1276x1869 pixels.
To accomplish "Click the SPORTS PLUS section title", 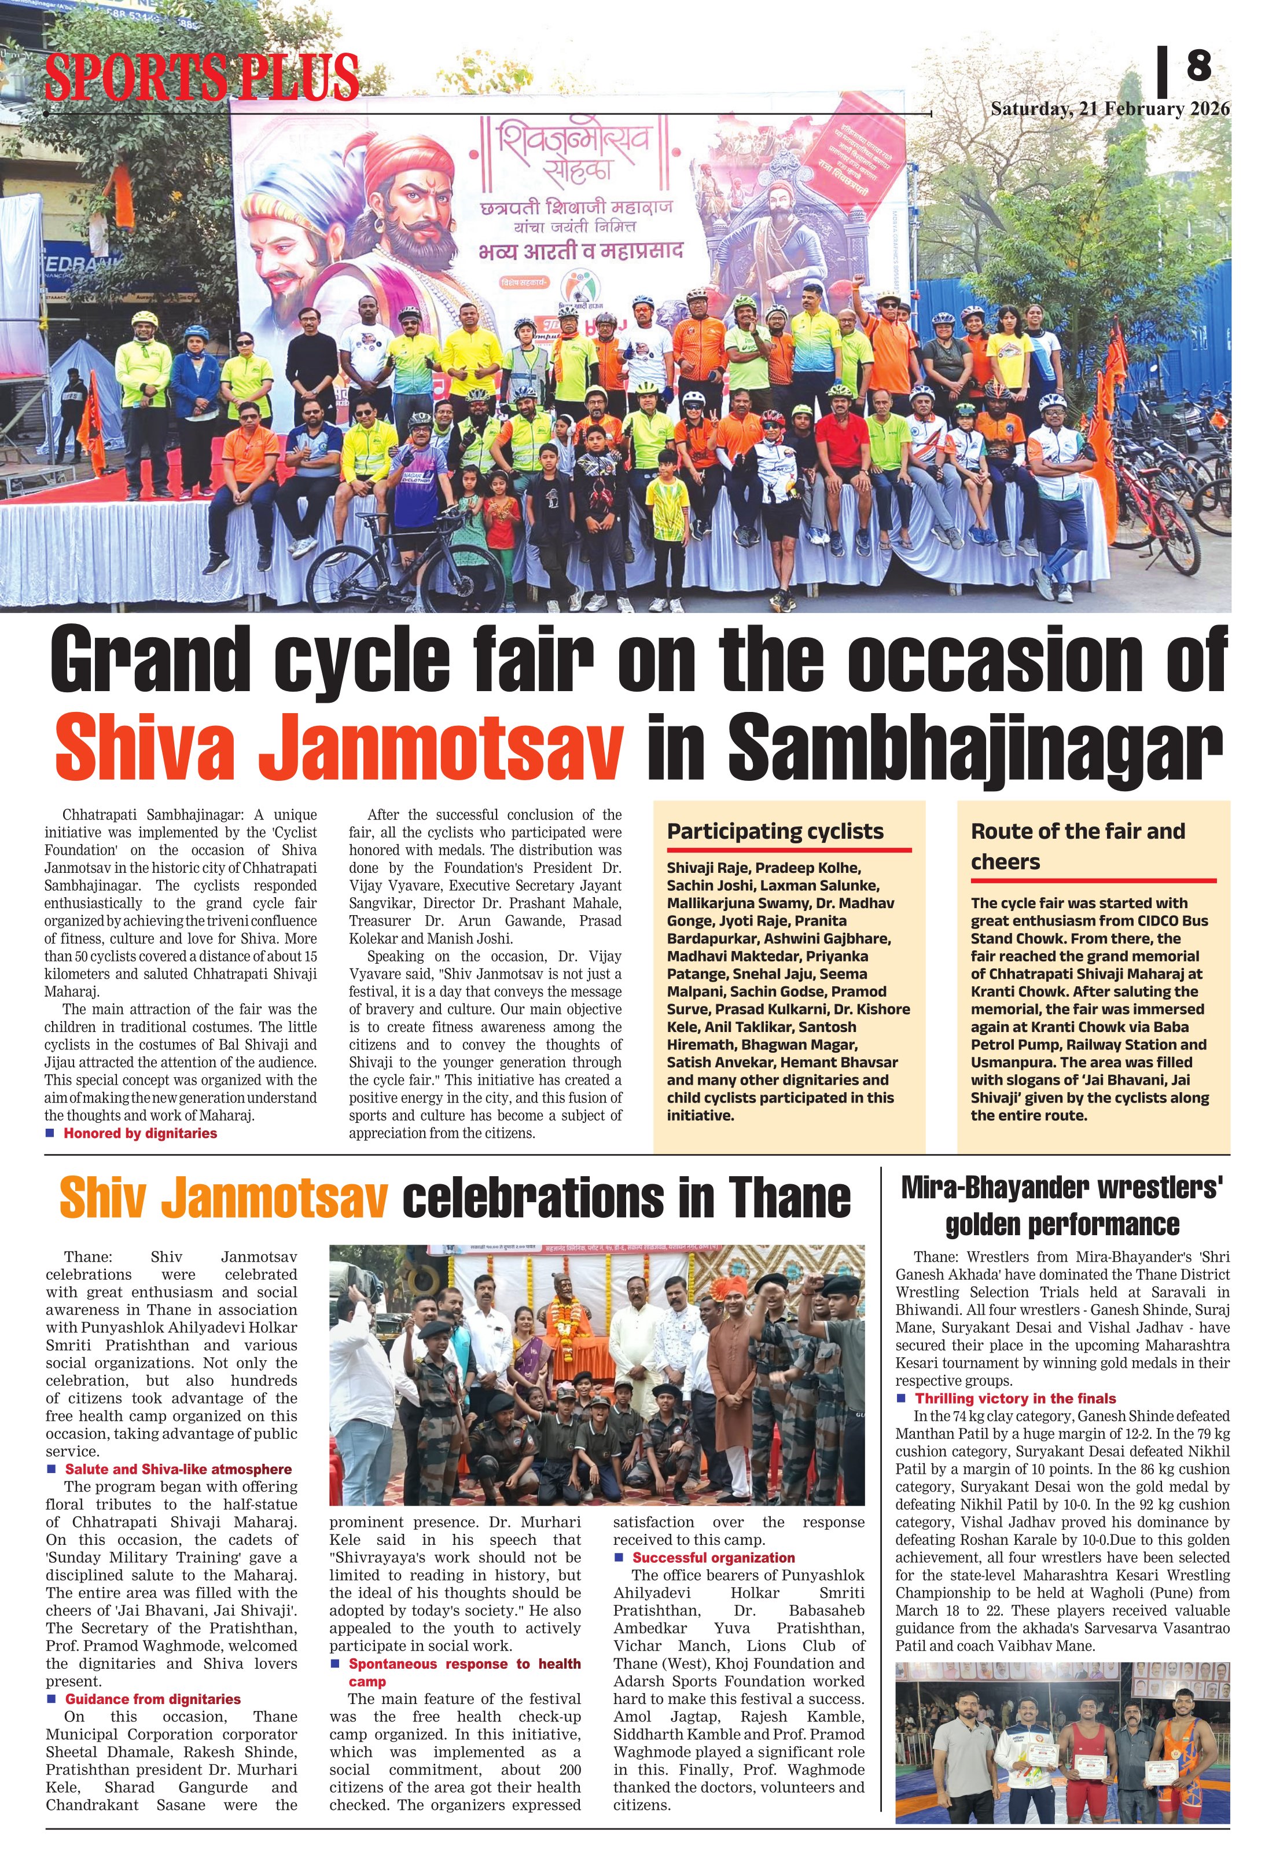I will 201,76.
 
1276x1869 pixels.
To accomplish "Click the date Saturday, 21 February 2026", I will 1109,109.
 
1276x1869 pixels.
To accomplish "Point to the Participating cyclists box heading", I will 775,832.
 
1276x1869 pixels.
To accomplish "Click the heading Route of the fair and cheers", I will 1078,846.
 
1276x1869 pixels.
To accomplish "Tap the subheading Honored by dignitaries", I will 140,1133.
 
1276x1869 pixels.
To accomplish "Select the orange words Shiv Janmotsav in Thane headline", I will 223,1198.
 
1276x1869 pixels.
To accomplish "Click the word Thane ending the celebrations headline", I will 789,1198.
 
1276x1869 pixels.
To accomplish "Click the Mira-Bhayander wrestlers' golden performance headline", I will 1062,1206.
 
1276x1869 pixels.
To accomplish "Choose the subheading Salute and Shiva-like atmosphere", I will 178,1469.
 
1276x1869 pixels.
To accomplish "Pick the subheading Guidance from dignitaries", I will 153,1699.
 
